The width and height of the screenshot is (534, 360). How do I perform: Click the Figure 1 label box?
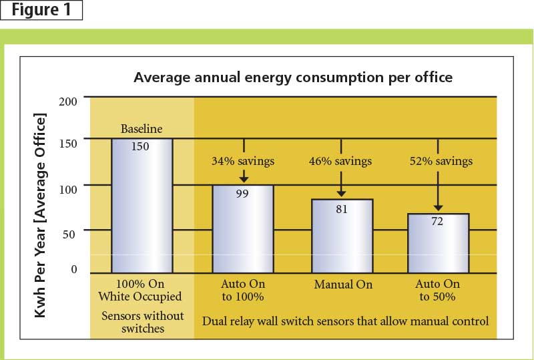click(41, 11)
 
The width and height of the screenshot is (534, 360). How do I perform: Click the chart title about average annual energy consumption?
click(293, 77)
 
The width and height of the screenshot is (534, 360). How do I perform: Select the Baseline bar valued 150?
click(142, 206)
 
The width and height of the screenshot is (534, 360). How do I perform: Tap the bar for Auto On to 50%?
click(438, 243)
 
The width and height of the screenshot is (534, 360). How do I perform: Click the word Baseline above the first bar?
click(142, 129)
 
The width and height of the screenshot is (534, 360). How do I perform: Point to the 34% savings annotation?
click(243, 161)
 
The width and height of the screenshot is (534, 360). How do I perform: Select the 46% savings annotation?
click(340, 161)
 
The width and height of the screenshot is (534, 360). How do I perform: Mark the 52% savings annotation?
click(438, 161)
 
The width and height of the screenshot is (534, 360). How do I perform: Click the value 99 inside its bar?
click(243, 194)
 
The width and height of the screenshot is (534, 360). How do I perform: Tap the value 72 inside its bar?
click(438, 222)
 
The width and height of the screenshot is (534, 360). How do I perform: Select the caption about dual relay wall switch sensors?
click(345, 321)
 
